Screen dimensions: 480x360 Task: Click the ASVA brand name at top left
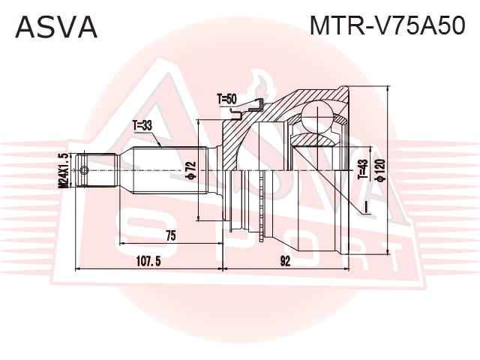coord(56,27)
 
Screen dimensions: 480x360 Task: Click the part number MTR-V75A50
coord(388,25)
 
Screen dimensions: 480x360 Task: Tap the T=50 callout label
coord(226,99)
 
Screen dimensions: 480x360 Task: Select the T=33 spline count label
coord(142,125)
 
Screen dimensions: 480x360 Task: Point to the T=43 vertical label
coord(363,169)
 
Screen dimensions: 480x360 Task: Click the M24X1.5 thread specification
coord(64,170)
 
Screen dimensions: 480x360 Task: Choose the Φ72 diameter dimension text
coord(190,170)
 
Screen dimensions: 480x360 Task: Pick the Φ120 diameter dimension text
coord(380,170)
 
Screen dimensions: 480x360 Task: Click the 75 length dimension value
coord(171,235)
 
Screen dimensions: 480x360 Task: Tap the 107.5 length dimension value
coord(148,261)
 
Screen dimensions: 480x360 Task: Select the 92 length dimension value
coord(285,261)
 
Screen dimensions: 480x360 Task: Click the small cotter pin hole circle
coord(83,170)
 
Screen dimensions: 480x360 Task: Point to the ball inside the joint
coord(317,118)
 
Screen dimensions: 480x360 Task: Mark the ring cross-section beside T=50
coord(248,109)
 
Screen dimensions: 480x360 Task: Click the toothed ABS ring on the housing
coord(262,205)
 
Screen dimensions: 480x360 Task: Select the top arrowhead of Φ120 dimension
coord(388,89)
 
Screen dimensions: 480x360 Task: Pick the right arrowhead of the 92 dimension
coord(346,269)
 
